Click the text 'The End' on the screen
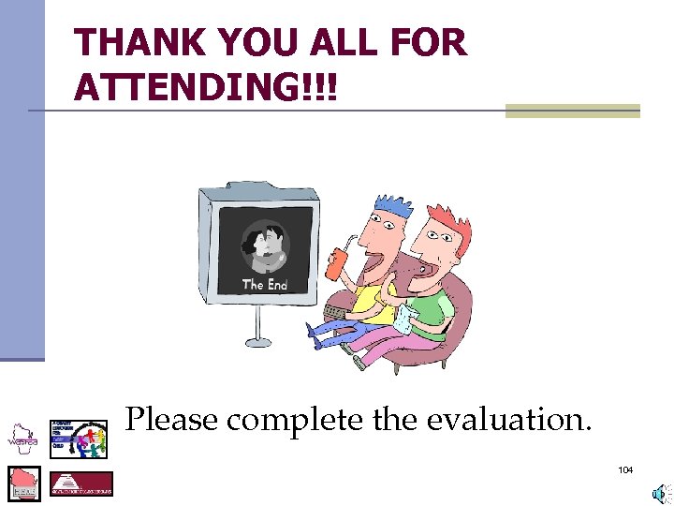(x=265, y=284)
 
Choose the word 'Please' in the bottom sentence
(x=172, y=419)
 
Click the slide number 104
(x=625, y=469)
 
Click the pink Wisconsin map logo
(x=24, y=484)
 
